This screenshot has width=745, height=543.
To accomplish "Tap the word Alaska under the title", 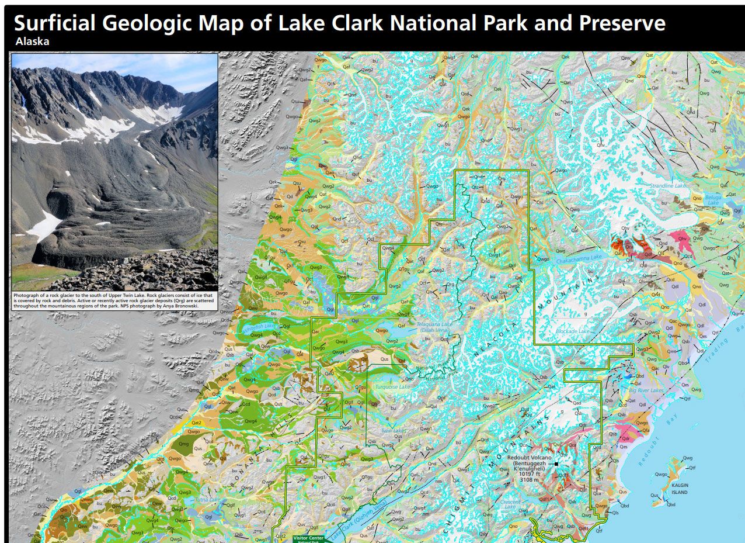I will [33, 41].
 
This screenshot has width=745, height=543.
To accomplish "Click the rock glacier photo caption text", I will [114, 301].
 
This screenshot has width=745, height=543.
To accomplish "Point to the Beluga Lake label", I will [713, 200].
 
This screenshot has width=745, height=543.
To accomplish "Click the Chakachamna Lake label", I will [579, 258].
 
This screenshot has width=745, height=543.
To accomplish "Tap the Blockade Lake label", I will [572, 331].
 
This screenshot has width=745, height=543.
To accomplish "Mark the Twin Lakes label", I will [394, 431].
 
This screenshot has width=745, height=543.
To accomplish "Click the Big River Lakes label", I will [646, 390].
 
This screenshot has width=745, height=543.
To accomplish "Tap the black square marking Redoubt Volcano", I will [557, 465].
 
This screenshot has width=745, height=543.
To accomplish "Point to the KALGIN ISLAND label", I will [679, 489].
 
